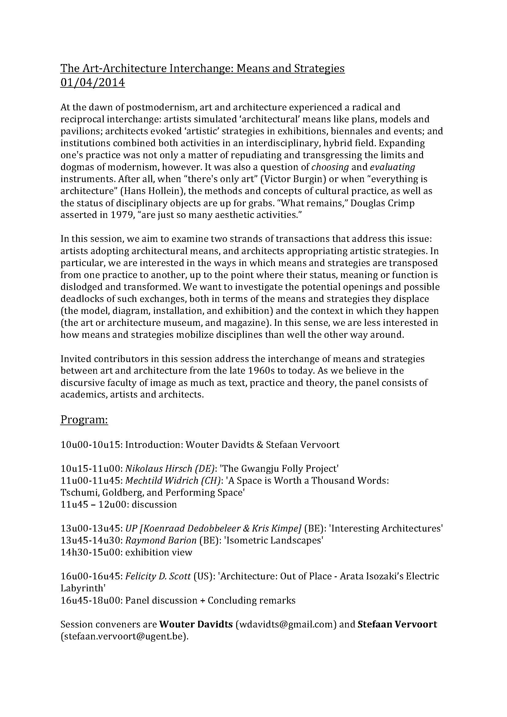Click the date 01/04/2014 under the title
tap(92, 83)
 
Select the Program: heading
tap(84, 420)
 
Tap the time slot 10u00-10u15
tap(90, 445)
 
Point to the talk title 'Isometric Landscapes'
tap(274, 540)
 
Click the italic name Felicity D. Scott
tap(158, 576)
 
